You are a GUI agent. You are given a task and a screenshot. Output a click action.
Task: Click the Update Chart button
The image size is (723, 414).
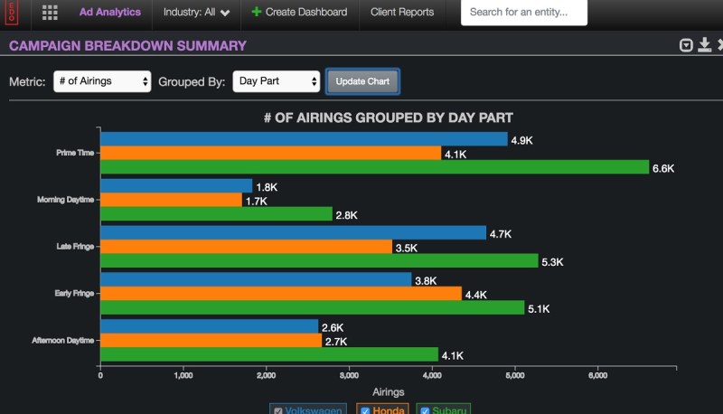coord(362,81)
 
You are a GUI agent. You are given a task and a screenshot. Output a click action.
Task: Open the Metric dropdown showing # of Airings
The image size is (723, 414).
coord(102,81)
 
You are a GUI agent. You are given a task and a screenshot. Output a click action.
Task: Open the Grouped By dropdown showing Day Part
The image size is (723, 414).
coord(277,81)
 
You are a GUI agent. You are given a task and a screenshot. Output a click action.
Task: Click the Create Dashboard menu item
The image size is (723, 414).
coord(299,13)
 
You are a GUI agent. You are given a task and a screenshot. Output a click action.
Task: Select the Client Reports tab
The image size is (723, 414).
coord(402,13)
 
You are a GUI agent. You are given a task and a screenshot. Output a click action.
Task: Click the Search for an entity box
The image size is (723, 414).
coord(523,13)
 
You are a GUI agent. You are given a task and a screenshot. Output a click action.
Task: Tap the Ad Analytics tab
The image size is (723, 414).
coord(109,13)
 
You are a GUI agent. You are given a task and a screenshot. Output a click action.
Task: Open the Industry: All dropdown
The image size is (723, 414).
coord(196,13)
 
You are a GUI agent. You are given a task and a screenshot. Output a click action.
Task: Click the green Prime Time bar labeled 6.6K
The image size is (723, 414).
coord(374,167)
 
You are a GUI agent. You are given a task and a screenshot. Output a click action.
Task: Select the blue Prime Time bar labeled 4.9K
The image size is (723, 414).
coord(304,139)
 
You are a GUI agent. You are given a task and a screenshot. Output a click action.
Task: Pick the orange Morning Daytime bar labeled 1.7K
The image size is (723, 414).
coord(171,200)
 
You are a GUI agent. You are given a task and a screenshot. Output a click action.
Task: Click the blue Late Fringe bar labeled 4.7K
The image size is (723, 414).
coord(293,233)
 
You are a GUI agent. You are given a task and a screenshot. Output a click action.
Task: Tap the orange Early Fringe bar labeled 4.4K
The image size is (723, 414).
coord(280,294)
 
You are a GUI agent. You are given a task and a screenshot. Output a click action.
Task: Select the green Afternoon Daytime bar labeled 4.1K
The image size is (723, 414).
coord(268,355)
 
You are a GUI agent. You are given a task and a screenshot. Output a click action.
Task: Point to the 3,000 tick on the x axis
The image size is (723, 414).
coord(349,375)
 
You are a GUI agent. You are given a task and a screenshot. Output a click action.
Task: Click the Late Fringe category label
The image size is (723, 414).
coord(77,247)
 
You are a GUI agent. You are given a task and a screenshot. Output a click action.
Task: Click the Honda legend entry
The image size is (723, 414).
coord(384,409)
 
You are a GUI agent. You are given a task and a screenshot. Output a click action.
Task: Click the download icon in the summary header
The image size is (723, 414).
coord(704,45)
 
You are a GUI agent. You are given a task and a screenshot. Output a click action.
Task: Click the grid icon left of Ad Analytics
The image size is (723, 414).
coord(50,13)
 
